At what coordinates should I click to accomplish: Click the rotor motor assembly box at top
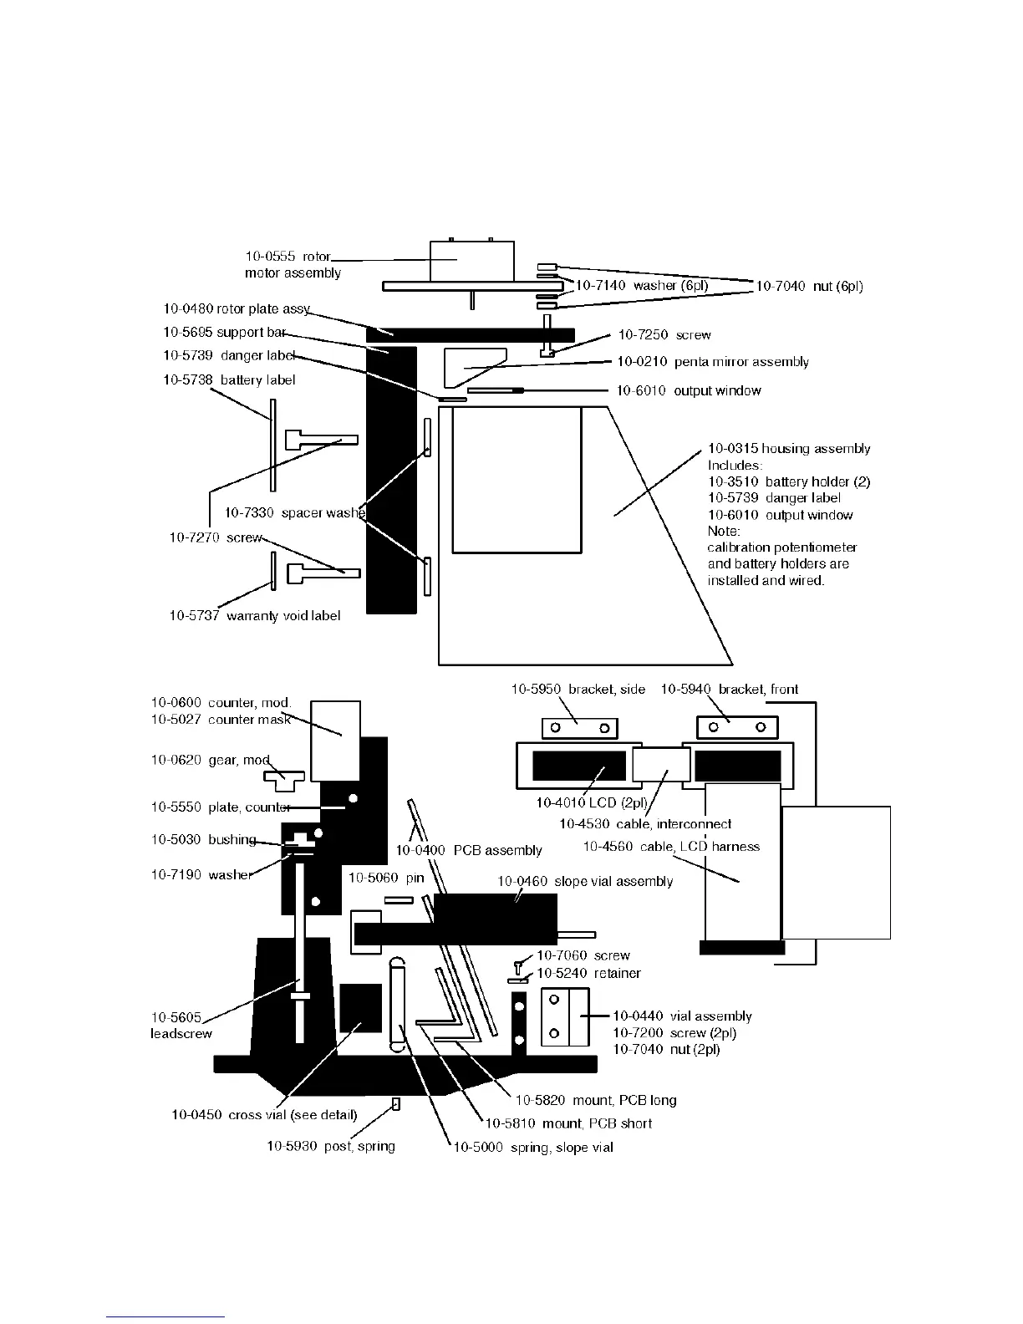[471, 261]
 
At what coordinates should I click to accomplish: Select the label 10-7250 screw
[664, 335]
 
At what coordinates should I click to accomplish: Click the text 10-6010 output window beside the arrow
[689, 390]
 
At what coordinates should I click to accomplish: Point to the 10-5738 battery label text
[229, 380]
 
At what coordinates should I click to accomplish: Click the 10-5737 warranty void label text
[255, 616]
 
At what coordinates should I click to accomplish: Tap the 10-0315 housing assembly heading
[789, 449]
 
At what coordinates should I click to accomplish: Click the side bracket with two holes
[579, 728]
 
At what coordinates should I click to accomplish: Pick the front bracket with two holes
[736, 727]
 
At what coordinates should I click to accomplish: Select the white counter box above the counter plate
[335, 740]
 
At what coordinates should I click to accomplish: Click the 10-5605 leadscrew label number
[176, 1017]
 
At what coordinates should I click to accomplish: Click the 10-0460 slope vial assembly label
[584, 882]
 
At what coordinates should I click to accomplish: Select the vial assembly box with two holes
[565, 1017]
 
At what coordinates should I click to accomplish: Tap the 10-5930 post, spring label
[331, 1146]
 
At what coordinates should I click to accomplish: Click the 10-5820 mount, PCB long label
[596, 1100]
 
